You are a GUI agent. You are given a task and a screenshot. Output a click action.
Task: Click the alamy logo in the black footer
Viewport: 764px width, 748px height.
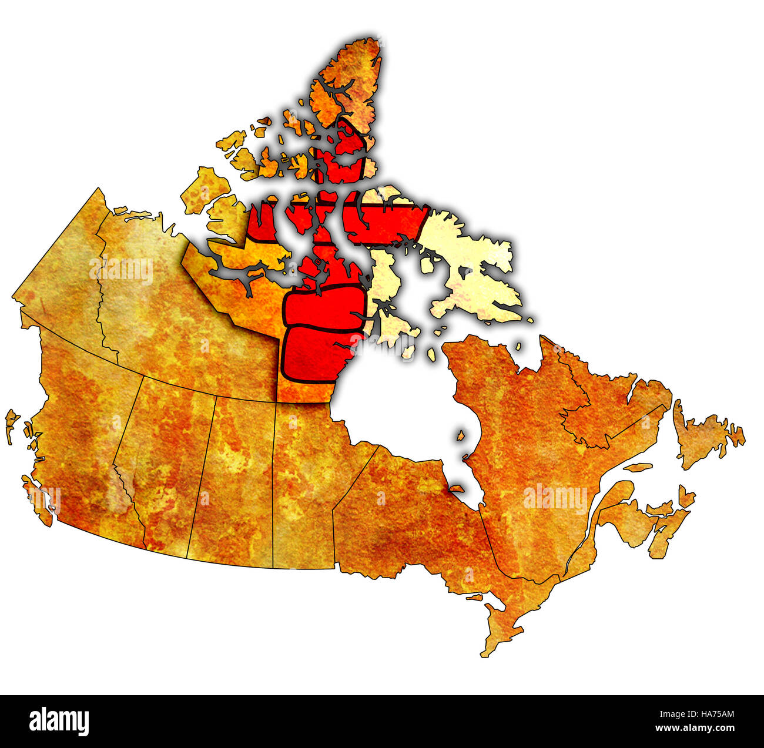coord(59,721)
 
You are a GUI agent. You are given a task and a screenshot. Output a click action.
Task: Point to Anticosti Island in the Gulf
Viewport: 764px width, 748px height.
coord(638,468)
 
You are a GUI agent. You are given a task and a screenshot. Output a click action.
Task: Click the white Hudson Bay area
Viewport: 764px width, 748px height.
coord(400,405)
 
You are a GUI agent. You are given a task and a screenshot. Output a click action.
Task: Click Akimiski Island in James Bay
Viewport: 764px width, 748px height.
coord(456,487)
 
